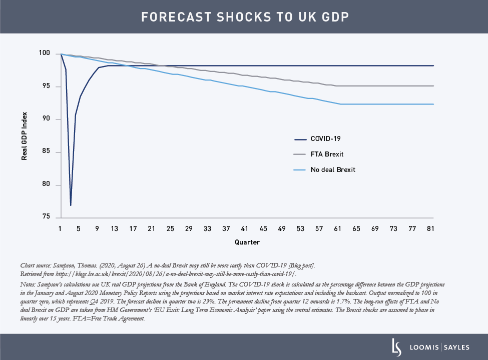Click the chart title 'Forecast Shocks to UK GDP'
(244, 17)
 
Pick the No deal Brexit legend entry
(332, 169)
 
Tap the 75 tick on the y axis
(46, 217)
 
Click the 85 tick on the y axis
(46, 152)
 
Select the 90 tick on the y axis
(46, 119)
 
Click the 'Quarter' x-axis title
(247, 242)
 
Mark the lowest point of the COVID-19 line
(71, 205)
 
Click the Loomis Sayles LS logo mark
(396, 346)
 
